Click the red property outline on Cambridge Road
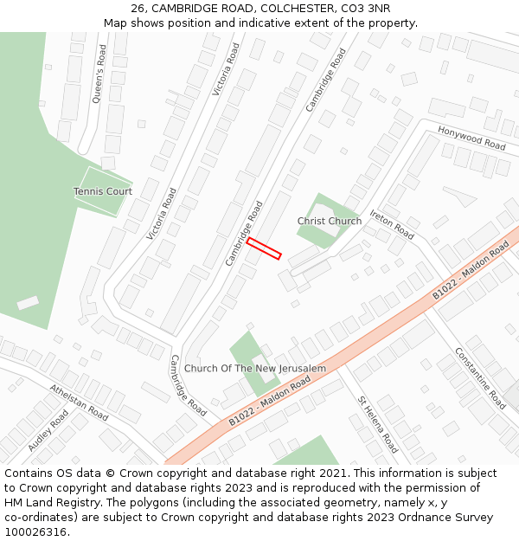(264, 248)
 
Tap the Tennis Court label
(102, 191)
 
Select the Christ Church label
(330, 222)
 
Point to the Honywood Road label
(471, 138)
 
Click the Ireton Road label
(392, 224)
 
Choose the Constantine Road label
(480, 378)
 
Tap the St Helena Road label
(378, 424)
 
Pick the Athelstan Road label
(79, 403)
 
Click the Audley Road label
(48, 430)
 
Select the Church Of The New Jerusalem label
(255, 369)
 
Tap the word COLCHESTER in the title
(296, 9)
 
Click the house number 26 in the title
(138, 9)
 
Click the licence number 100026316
(36, 532)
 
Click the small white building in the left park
(28, 303)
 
